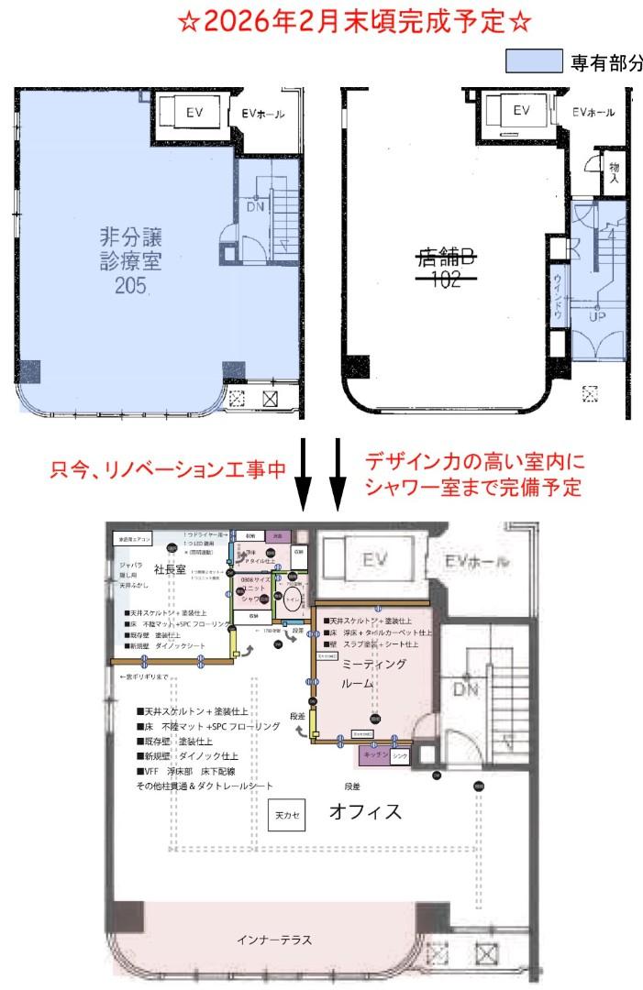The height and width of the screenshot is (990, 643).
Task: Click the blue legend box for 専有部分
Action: click(x=534, y=62)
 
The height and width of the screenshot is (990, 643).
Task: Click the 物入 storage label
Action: click(x=613, y=173)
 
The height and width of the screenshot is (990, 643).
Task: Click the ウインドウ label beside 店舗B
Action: click(x=557, y=296)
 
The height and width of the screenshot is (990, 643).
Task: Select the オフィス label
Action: click(x=365, y=810)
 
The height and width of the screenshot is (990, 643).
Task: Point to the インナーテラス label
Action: click(x=275, y=940)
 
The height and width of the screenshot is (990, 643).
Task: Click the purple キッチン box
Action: click(x=372, y=755)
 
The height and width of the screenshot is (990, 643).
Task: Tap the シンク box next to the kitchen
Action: click(x=400, y=756)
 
